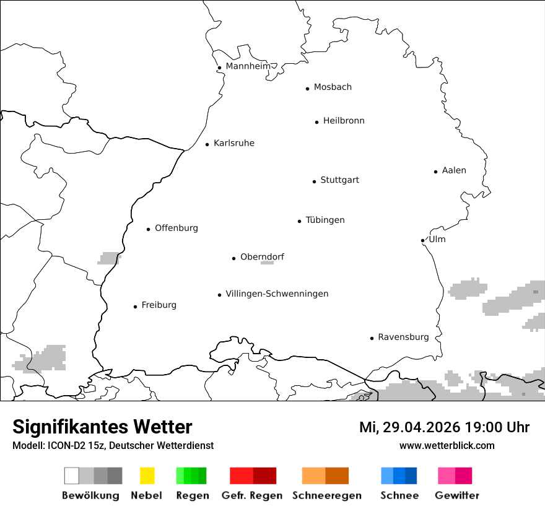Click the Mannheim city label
tap(248, 66)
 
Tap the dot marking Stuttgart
tap(314, 181)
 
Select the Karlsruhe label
tap(233, 144)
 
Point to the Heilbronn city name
tap(344, 121)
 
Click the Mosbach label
tap(333, 87)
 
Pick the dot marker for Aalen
tap(435, 172)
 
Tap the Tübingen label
tap(325, 220)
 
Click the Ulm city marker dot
tap(422, 240)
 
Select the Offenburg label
tap(177, 229)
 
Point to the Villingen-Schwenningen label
tap(277, 294)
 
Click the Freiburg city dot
tap(135, 307)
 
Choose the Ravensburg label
tap(403, 338)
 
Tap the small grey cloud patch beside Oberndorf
tap(267, 263)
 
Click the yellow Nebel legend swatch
tap(147, 476)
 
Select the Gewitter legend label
tap(456, 495)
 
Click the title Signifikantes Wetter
tap(102, 427)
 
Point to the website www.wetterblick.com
tap(447, 446)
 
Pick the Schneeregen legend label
tap(326, 495)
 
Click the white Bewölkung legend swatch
tap(72, 476)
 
